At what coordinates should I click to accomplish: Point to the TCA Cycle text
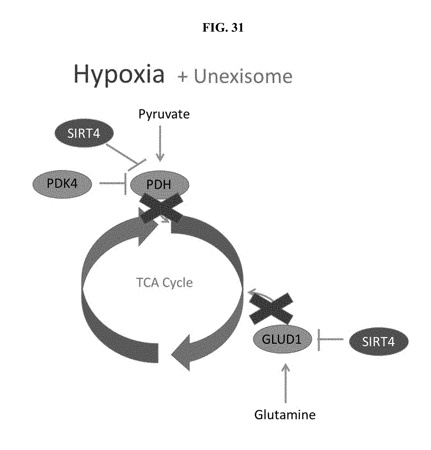(x=165, y=283)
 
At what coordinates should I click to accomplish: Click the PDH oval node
(x=160, y=185)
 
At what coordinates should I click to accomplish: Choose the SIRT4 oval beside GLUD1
(x=379, y=341)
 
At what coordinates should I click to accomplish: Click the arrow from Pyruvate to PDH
(x=160, y=144)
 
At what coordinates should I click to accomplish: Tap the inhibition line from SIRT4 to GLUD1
(x=331, y=339)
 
